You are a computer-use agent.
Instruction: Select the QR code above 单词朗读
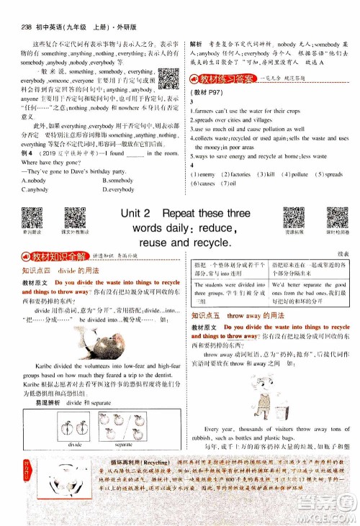point(32,219)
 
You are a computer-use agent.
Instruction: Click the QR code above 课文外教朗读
point(76,219)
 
